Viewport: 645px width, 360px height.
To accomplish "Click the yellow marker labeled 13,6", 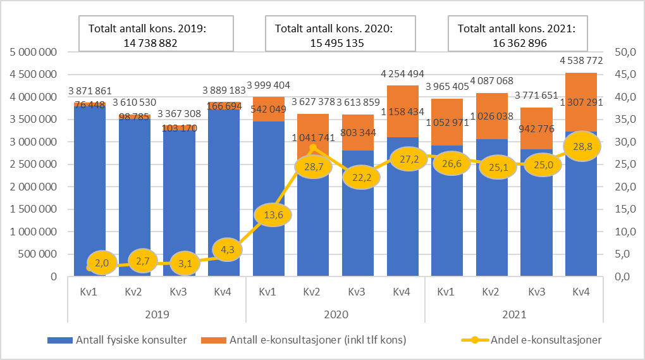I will [273, 215].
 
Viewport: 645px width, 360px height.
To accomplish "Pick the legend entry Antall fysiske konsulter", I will [117, 340].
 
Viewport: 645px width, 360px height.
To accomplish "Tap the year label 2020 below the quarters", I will [335, 314].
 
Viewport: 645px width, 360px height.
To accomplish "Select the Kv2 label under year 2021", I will [491, 292].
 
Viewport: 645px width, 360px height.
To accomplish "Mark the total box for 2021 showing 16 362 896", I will [517, 35].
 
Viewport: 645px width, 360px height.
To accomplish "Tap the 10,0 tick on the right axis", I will [618, 232].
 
